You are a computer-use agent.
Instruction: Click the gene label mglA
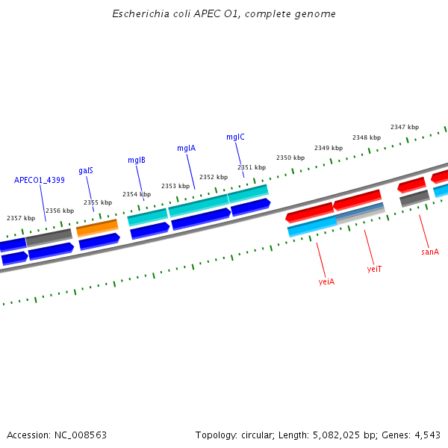tap(186, 148)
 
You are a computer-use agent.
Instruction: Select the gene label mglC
tap(235, 137)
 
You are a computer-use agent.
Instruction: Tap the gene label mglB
tap(136, 160)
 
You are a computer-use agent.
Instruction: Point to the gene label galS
tap(86, 170)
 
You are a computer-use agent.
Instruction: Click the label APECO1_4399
tap(40, 180)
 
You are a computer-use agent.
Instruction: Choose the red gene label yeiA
tap(326, 281)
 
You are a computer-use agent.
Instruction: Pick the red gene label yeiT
tap(374, 269)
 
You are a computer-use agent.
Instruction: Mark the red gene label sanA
tap(430, 252)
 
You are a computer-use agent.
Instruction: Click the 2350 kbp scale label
tap(290, 158)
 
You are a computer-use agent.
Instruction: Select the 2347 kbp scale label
tap(405, 127)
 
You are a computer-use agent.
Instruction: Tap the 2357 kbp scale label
tap(21, 218)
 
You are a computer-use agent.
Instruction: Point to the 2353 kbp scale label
tap(175, 186)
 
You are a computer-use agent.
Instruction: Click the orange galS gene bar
tap(97, 227)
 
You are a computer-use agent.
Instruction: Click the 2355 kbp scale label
tap(98, 202)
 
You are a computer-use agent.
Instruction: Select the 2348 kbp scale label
tap(367, 137)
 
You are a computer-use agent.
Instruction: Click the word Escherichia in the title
tap(137, 14)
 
